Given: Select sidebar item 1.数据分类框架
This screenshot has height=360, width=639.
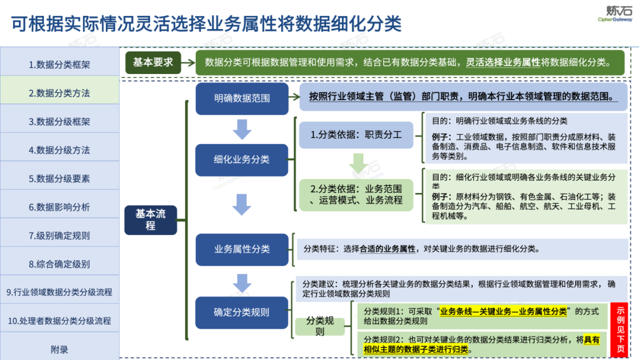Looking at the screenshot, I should tap(59, 65).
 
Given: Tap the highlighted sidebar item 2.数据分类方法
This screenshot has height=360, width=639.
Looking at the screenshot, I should tap(59, 93).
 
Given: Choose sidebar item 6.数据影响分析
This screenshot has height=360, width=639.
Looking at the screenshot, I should tap(59, 207).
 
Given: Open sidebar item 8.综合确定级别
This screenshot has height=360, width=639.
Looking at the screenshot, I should tap(59, 264).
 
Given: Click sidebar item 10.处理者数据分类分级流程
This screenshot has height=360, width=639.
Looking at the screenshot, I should tap(59, 321).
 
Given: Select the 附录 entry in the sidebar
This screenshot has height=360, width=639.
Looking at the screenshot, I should tap(59, 349).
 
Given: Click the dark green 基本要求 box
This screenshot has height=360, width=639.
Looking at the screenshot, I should tap(153, 62).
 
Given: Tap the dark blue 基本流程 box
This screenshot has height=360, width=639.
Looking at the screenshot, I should tap(150, 219).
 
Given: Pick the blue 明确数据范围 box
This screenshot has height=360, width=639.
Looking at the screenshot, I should tap(242, 98).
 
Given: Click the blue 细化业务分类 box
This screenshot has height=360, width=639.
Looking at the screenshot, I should tap(242, 159).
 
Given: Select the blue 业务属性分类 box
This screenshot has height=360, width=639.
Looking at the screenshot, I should tap(242, 249).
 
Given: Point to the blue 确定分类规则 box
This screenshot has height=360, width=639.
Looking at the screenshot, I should tap(242, 312).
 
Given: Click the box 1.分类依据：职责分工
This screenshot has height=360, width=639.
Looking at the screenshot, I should tap(356, 135).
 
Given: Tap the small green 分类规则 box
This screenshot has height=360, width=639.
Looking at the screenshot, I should tap(320, 326).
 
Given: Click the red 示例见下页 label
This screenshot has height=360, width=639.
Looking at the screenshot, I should tap(621, 329).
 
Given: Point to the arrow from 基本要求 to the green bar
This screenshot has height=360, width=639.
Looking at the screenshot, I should tap(188, 62).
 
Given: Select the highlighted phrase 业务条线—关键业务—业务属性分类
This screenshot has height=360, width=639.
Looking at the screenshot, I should tap(503, 311).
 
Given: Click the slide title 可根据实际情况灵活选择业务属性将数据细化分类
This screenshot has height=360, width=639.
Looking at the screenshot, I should tap(206, 24).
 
